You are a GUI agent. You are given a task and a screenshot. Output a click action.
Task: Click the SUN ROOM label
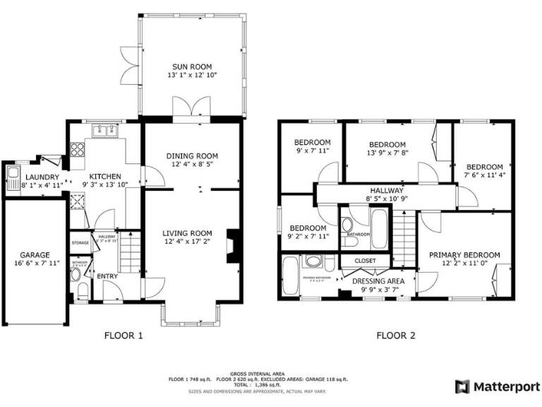(x=192, y=66)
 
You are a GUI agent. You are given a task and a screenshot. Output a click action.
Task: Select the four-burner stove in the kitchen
(x=77, y=150)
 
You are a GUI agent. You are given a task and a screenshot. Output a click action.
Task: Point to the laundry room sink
(x=12, y=177)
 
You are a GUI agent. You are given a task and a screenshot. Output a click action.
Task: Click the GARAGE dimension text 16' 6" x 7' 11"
(x=35, y=264)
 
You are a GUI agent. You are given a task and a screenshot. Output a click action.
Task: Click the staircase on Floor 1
(x=128, y=252)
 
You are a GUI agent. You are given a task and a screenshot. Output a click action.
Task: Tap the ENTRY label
(x=107, y=276)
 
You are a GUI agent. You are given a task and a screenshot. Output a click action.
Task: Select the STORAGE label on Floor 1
(x=80, y=243)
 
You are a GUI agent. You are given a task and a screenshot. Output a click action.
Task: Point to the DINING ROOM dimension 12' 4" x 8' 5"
(x=192, y=165)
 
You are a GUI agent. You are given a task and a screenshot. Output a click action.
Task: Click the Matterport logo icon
(x=462, y=387)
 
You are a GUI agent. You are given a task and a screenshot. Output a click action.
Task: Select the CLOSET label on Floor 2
(x=365, y=261)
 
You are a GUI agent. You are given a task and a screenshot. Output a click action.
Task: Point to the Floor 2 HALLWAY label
(x=386, y=191)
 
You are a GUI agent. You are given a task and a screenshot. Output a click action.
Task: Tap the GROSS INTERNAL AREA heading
(x=258, y=373)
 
